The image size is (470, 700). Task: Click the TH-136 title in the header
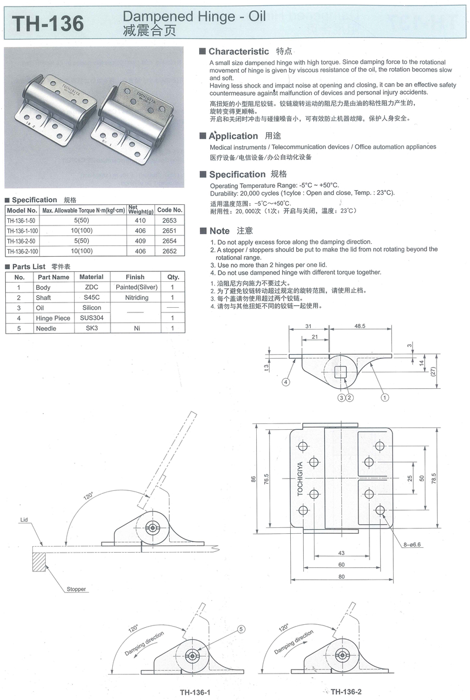(48, 23)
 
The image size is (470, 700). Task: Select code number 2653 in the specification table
(169, 221)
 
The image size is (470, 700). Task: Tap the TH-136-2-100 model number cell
(22, 251)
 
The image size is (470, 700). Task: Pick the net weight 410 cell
(140, 221)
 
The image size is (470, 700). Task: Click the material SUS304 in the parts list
(92, 318)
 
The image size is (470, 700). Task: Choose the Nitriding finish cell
(137, 297)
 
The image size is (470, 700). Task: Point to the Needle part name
(46, 328)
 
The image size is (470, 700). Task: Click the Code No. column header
(170, 210)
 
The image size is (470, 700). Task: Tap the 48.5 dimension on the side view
(360, 326)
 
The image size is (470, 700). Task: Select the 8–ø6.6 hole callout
(412, 544)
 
